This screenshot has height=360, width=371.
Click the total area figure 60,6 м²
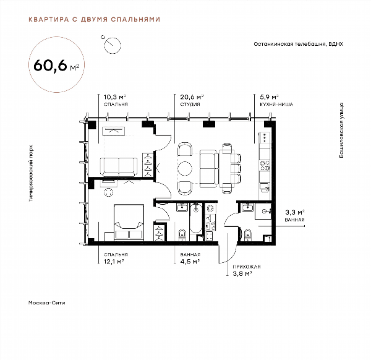click(56, 66)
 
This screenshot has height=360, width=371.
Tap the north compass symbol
click(112, 45)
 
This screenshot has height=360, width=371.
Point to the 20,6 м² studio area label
click(192, 100)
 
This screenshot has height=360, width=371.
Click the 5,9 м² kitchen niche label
click(276, 100)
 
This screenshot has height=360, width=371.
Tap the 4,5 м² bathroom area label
click(190, 258)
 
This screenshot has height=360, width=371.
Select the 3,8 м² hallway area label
click(247, 270)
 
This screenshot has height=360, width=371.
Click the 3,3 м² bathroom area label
click(294, 215)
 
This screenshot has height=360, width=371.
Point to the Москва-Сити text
click(46, 302)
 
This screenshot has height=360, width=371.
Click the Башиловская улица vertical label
click(341, 130)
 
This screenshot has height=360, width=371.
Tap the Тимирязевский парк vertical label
click(31, 173)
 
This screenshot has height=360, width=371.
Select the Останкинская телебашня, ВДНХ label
click(299, 44)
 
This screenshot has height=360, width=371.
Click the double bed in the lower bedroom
click(129, 223)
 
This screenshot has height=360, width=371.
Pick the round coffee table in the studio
click(185, 168)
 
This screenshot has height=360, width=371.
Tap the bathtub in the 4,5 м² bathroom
click(195, 218)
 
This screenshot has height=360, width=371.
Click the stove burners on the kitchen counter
click(265, 165)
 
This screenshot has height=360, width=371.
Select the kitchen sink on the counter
click(265, 187)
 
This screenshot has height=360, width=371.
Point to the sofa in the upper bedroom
click(119, 166)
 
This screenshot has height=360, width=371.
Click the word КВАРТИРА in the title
click(48, 19)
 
